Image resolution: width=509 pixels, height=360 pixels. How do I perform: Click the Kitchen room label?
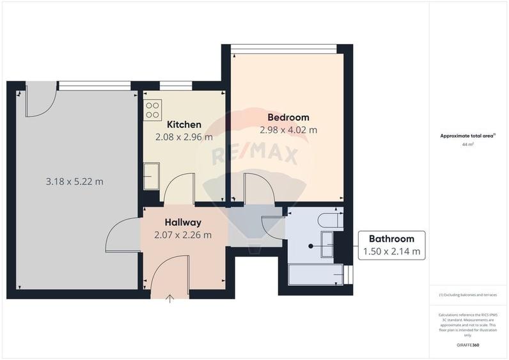(x=184, y=124)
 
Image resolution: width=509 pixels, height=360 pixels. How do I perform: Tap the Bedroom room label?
(x=288, y=117)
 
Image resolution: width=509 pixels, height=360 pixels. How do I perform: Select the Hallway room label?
(x=183, y=223)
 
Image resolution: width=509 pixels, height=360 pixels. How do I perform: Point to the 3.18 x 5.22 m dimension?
(x=74, y=182)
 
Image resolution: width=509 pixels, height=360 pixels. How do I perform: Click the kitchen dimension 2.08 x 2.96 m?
(x=184, y=137)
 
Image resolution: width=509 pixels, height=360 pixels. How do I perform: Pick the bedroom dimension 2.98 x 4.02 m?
(x=288, y=130)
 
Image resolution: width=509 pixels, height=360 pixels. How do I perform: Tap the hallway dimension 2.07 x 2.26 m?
(x=183, y=235)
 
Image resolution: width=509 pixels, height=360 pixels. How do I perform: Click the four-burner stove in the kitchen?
(x=152, y=111)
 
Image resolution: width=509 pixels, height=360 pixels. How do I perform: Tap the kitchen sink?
(x=151, y=176)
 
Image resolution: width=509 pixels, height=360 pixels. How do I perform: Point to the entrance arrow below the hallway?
(x=170, y=299)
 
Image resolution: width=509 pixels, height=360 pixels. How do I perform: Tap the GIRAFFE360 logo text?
(x=467, y=345)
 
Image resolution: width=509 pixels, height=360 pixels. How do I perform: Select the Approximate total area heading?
(x=468, y=136)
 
